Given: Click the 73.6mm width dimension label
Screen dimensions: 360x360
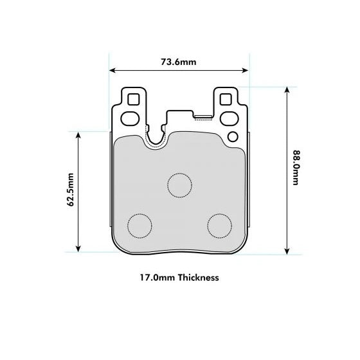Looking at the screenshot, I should point(179,62).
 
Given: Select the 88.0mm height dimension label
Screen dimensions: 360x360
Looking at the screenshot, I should point(296,168).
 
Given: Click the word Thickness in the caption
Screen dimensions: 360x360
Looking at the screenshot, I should point(199,278).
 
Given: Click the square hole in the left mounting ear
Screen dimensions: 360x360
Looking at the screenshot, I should point(133,100).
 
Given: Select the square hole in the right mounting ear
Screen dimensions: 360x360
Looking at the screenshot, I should point(226,100).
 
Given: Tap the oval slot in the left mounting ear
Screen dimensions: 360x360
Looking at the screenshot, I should point(131,118).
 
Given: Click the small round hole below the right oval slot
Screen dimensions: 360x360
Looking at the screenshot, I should point(233,136).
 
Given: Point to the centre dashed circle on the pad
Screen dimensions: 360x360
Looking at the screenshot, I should point(179,184).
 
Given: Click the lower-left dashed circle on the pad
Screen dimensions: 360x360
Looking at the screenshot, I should point(139,224).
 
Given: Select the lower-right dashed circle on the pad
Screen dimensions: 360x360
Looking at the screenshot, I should point(219,224).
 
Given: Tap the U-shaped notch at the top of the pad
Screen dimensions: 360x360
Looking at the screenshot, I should point(156,136).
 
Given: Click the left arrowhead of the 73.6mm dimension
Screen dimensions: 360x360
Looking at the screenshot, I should point(112,71).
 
